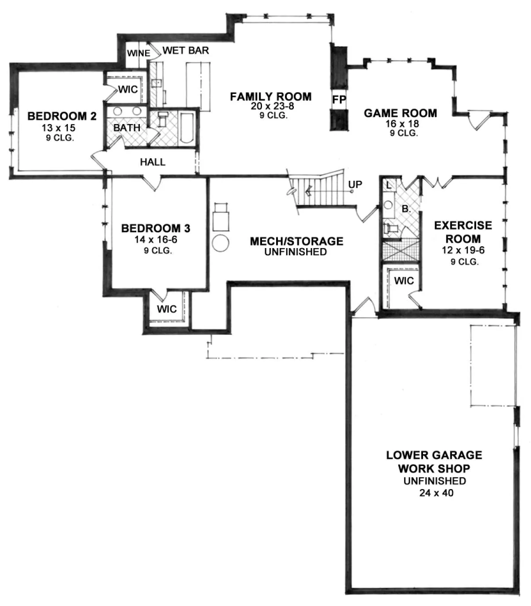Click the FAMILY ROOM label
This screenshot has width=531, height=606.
pos(271,97)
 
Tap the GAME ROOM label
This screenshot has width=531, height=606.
pos(400,113)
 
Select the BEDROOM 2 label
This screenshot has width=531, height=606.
pos(62,116)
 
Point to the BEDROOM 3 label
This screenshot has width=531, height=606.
pos(156,228)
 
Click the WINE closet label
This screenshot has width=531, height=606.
pos(139,53)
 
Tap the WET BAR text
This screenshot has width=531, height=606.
pos(185,50)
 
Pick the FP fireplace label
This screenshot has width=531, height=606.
pos(339,99)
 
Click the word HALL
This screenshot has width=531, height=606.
pos(153,162)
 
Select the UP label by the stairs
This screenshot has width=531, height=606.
pos(355,184)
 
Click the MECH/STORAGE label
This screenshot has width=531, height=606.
pos(297,241)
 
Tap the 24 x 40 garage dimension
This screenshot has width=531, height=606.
pos(436,493)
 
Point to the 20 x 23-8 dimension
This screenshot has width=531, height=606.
pos(273,106)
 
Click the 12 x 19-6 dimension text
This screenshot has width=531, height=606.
pos(463,250)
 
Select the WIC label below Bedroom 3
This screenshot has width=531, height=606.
pos(167,309)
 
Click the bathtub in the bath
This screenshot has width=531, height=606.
pos(187,128)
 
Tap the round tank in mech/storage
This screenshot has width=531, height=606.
pos(220,243)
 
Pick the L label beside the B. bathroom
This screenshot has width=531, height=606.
pos(389,186)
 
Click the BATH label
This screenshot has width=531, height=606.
pos(127,128)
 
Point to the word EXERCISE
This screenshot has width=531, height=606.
pos(463,225)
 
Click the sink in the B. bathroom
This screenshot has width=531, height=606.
pos(388,205)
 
